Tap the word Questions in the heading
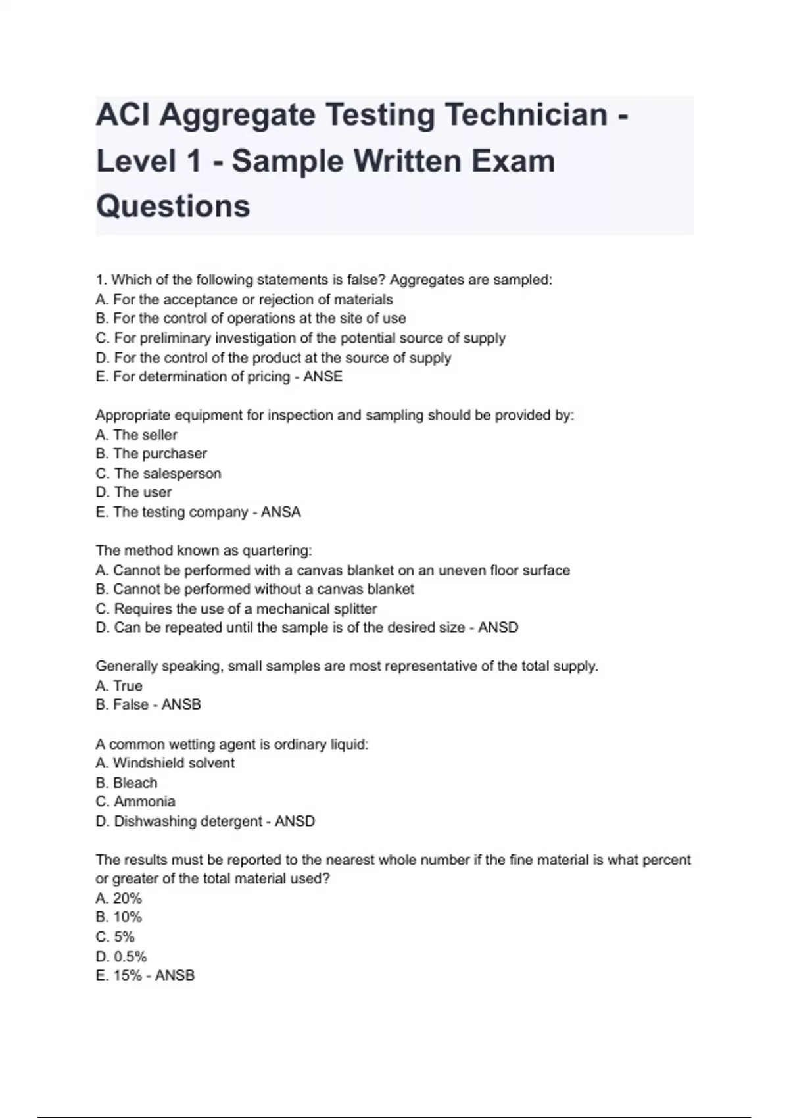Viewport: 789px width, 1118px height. tap(173, 206)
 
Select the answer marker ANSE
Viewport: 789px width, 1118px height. tap(323, 377)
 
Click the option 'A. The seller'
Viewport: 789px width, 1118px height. tap(136, 435)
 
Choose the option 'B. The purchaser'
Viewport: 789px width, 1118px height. tap(151, 454)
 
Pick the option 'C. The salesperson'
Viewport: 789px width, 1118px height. tap(158, 474)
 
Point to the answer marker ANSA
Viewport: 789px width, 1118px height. tap(281, 512)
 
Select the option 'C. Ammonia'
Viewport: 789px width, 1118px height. tap(135, 802)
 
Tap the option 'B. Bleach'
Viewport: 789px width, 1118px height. tap(126, 783)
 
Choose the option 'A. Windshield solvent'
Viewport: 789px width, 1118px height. tap(164, 763)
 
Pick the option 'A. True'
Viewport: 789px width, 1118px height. tap(118, 686)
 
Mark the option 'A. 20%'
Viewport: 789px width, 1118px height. tap(118, 898)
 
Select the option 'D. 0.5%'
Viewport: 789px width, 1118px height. tap(121, 957)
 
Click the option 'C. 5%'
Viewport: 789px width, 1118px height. tap(115, 937)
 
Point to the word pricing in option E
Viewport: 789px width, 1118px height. tap(268, 377)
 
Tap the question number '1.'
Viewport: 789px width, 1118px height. tap(101, 280)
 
